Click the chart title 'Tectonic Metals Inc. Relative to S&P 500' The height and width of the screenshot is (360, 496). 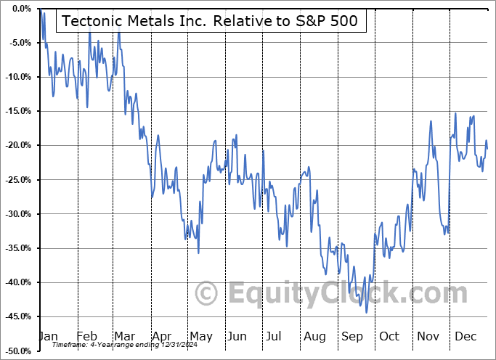coord(210,21)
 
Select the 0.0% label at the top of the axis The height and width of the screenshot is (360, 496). coord(20,9)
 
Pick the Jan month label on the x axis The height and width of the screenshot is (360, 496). coord(48,336)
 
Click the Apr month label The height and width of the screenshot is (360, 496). coord(162,336)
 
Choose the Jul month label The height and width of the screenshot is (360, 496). coord(275,336)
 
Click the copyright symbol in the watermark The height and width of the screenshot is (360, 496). coord(207,294)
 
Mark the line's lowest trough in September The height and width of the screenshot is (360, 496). coord(367,313)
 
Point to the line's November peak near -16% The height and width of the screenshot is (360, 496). coord(431,121)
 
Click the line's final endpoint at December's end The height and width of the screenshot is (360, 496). coord(487,149)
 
